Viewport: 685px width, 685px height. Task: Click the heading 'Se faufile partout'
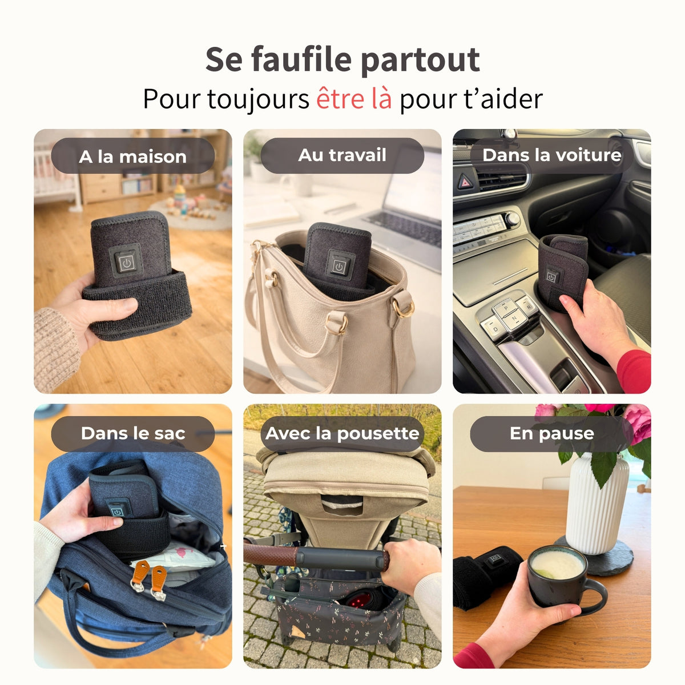[342, 59]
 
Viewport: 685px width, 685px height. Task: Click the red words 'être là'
[354, 99]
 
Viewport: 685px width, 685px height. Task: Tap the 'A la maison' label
[132, 156]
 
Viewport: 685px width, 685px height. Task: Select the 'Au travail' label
[342, 155]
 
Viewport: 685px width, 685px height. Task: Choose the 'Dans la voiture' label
[551, 155]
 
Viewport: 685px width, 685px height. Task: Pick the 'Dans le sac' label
[132, 433]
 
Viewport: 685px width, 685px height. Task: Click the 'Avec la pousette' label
[342, 433]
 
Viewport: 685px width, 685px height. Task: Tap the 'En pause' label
[551, 433]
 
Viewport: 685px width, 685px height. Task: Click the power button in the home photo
[126, 263]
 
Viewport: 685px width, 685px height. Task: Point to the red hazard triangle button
[465, 182]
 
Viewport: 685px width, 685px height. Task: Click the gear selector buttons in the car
[508, 317]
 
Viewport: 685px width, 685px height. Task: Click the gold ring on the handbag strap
[404, 308]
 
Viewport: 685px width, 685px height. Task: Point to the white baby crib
[54, 171]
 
